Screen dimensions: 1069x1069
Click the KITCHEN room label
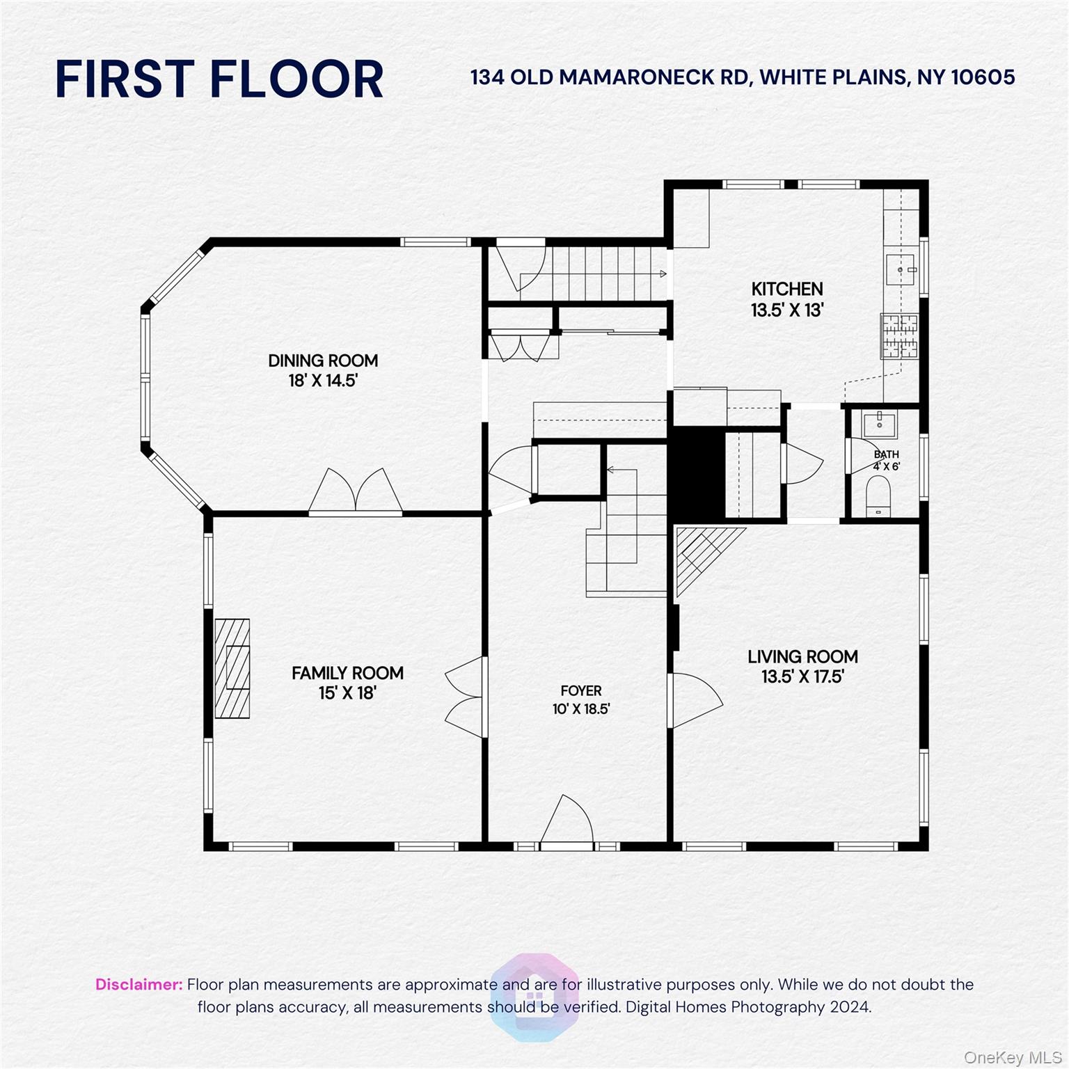(x=786, y=289)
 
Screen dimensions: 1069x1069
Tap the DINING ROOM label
(x=323, y=361)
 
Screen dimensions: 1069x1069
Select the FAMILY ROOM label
(x=347, y=673)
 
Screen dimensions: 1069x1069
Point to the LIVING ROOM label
(x=802, y=656)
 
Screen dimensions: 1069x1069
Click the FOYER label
(x=581, y=690)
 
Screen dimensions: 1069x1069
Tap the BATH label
(x=886, y=454)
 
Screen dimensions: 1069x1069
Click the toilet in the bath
(x=879, y=496)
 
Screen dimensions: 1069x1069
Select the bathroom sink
(x=880, y=422)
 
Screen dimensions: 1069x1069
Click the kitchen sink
(x=901, y=269)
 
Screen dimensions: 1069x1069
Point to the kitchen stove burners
(x=899, y=335)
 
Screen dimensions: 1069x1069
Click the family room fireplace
(x=232, y=668)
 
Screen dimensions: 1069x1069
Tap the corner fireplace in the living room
(x=699, y=553)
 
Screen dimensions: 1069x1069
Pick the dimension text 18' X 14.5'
(x=323, y=381)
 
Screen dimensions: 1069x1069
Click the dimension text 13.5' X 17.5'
(x=802, y=676)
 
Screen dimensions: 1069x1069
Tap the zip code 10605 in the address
(x=983, y=77)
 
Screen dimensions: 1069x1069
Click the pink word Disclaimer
(x=138, y=985)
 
